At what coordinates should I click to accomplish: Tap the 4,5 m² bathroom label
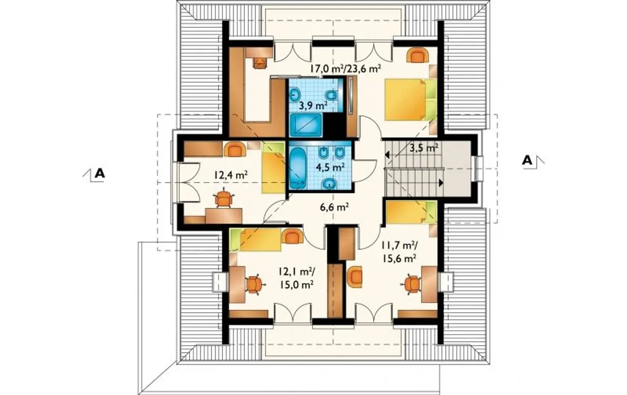330,167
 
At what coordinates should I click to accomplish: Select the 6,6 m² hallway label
334,208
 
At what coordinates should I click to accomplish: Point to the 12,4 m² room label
231,175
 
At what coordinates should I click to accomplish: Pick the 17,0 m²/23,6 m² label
346,68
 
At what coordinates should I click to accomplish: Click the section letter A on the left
99,173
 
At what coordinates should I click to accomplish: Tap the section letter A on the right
527,161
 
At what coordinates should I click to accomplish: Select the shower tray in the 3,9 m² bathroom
306,125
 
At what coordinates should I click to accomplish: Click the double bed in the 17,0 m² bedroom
410,99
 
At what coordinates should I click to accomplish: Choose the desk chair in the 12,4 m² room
223,198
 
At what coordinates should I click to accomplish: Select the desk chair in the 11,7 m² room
412,284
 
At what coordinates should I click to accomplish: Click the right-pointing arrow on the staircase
441,183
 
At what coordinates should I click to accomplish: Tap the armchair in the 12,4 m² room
235,149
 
